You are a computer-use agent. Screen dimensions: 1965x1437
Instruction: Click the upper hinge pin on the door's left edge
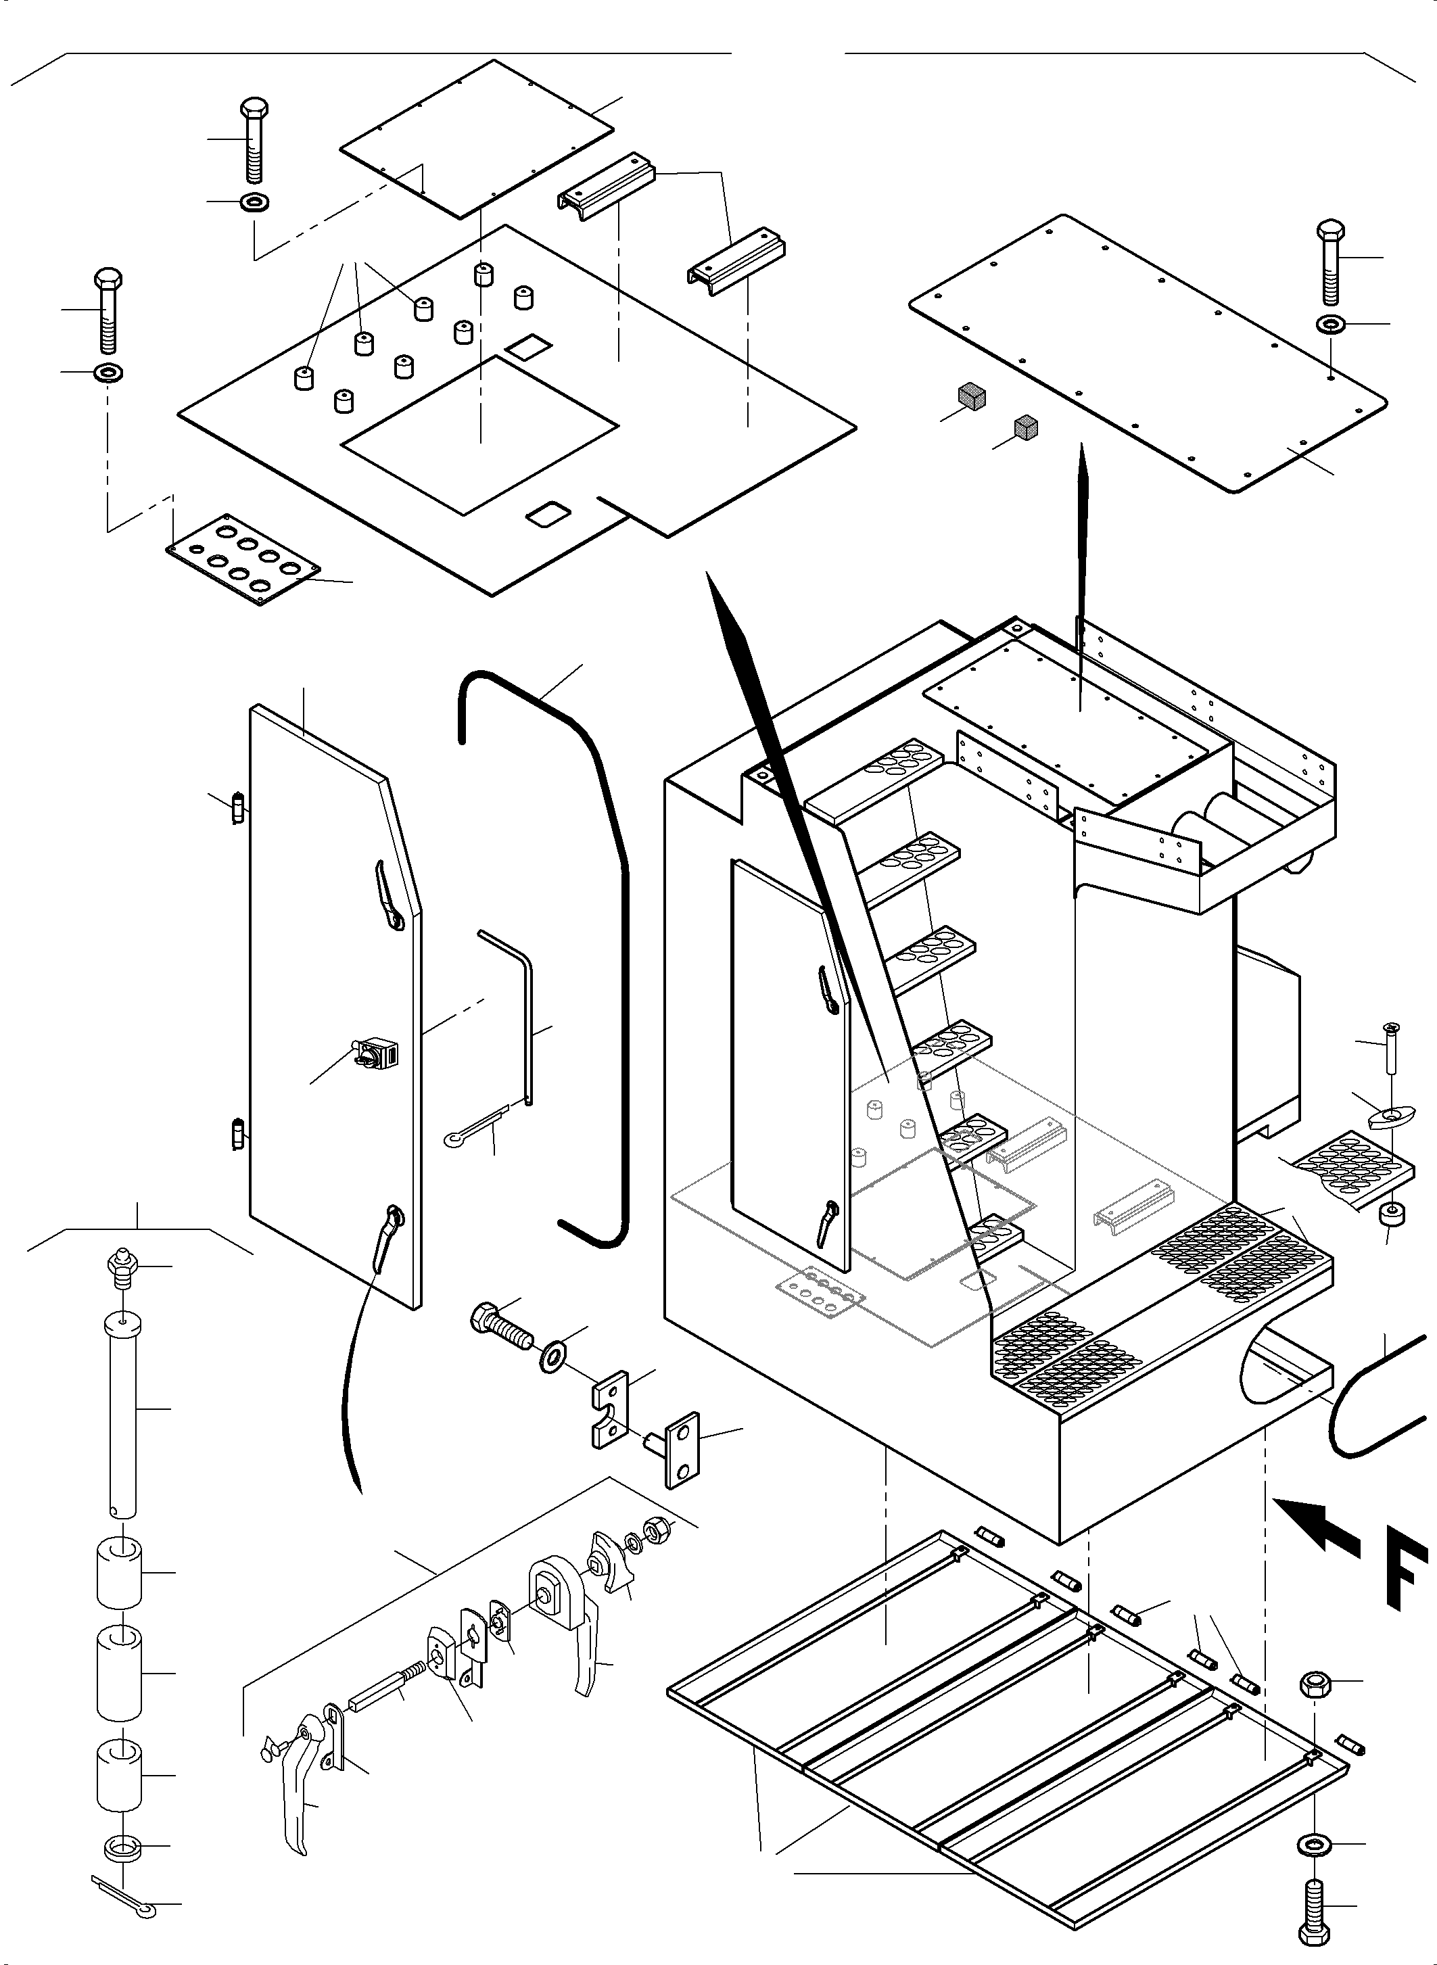(x=238, y=808)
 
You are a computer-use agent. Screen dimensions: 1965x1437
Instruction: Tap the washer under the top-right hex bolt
(x=1330, y=325)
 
